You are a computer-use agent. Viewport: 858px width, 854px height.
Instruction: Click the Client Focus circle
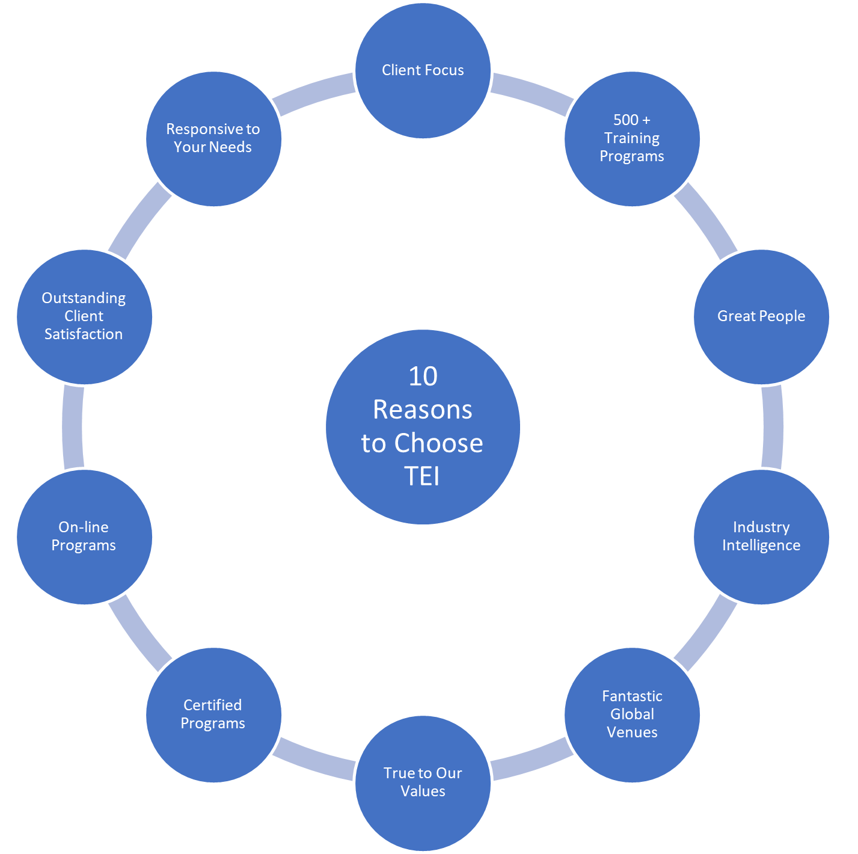pos(423,70)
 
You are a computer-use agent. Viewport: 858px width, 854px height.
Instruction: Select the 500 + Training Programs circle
pos(632,138)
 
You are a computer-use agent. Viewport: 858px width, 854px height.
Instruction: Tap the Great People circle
pos(761,316)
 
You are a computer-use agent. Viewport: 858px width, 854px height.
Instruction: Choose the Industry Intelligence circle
pos(761,536)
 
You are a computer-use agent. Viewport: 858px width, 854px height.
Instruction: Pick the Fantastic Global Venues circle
pos(632,714)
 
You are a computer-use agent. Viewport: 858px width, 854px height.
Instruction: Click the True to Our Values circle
pos(423,782)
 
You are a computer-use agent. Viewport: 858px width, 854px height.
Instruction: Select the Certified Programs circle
pos(213,714)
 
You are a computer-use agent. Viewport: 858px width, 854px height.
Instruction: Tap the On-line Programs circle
pos(84,536)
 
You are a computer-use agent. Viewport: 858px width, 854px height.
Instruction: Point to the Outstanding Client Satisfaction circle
pos(84,316)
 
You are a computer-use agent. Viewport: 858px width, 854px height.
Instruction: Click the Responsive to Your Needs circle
pos(213,138)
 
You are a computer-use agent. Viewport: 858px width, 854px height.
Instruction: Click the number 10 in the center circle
pos(423,376)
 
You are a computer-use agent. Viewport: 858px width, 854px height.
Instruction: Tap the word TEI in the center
pos(422,476)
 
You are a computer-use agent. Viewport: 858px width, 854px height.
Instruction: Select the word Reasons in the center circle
pos(423,410)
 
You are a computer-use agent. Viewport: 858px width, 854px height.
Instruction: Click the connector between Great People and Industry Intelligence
pos(773,426)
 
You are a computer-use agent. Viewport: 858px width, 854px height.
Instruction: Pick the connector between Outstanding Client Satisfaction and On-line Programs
pos(73,426)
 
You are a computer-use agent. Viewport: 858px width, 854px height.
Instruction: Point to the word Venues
pos(632,733)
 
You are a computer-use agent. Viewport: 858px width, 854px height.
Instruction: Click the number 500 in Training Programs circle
pos(625,120)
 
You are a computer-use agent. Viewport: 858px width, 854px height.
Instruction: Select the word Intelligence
pos(761,545)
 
